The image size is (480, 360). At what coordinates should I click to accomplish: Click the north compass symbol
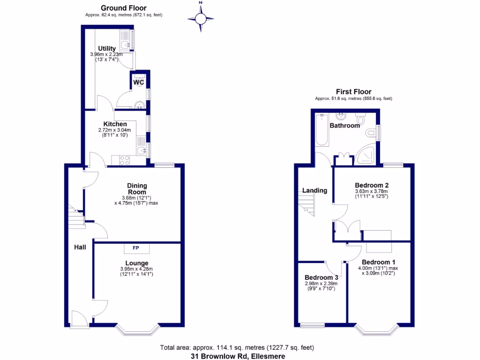(201, 19)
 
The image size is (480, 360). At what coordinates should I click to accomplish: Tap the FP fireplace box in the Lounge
(136, 248)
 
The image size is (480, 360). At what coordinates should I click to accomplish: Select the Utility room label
(106, 48)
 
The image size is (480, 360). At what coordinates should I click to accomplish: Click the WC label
(138, 82)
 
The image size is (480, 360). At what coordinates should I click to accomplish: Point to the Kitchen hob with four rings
(125, 160)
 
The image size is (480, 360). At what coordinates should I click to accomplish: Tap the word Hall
(79, 247)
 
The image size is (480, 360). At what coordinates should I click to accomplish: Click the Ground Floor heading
(124, 8)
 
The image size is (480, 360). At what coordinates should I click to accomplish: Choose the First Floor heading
(353, 91)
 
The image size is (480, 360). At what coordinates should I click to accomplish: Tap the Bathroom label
(345, 126)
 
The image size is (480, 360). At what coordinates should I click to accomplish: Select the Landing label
(315, 190)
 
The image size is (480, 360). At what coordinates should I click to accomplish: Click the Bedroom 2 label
(372, 185)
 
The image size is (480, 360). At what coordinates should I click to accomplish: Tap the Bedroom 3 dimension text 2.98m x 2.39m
(321, 284)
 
